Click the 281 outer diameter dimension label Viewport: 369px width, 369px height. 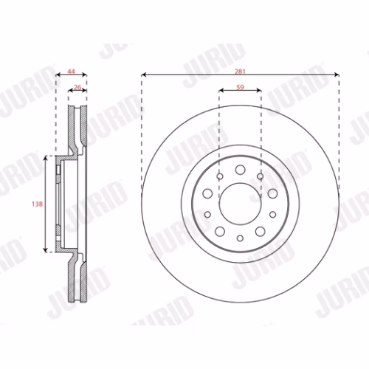click(240, 72)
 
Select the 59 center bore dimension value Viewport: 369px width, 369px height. click(240, 87)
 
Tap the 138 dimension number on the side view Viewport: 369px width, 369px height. click(37, 204)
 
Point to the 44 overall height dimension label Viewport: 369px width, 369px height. click(72, 72)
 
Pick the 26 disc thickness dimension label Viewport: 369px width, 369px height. click(77, 87)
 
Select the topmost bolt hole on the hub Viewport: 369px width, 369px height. click(240, 170)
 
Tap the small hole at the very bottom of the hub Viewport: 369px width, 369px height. click(240, 238)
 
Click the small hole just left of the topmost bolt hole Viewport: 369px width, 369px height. click(220, 176)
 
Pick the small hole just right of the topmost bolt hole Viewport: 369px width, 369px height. click(261, 176)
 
